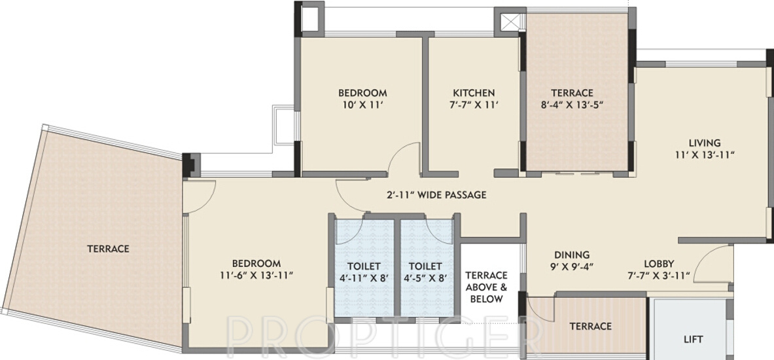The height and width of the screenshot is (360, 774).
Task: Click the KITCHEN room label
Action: coord(474,92)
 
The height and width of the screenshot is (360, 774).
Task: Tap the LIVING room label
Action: coord(704,143)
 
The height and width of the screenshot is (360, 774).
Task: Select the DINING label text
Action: coord(572,255)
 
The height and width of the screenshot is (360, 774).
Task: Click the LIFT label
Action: coord(693,339)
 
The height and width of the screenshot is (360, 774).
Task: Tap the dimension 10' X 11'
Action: coord(362,105)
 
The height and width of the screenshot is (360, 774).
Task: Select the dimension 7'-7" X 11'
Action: coord(474,105)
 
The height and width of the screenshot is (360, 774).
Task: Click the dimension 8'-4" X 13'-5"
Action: coord(571,105)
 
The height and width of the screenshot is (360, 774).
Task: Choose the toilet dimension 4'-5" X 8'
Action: coord(425,278)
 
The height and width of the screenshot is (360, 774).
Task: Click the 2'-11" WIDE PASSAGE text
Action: coord(436,195)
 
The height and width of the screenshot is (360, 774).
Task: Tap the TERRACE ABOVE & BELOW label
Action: coord(485,287)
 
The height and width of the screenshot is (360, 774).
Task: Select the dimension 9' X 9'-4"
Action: coord(571,267)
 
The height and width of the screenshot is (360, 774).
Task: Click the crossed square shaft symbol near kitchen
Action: coord(509,21)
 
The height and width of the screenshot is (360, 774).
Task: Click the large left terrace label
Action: coord(108,249)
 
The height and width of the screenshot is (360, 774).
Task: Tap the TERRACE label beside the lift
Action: coord(590,326)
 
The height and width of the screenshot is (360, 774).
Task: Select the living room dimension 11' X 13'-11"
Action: coord(704,155)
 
